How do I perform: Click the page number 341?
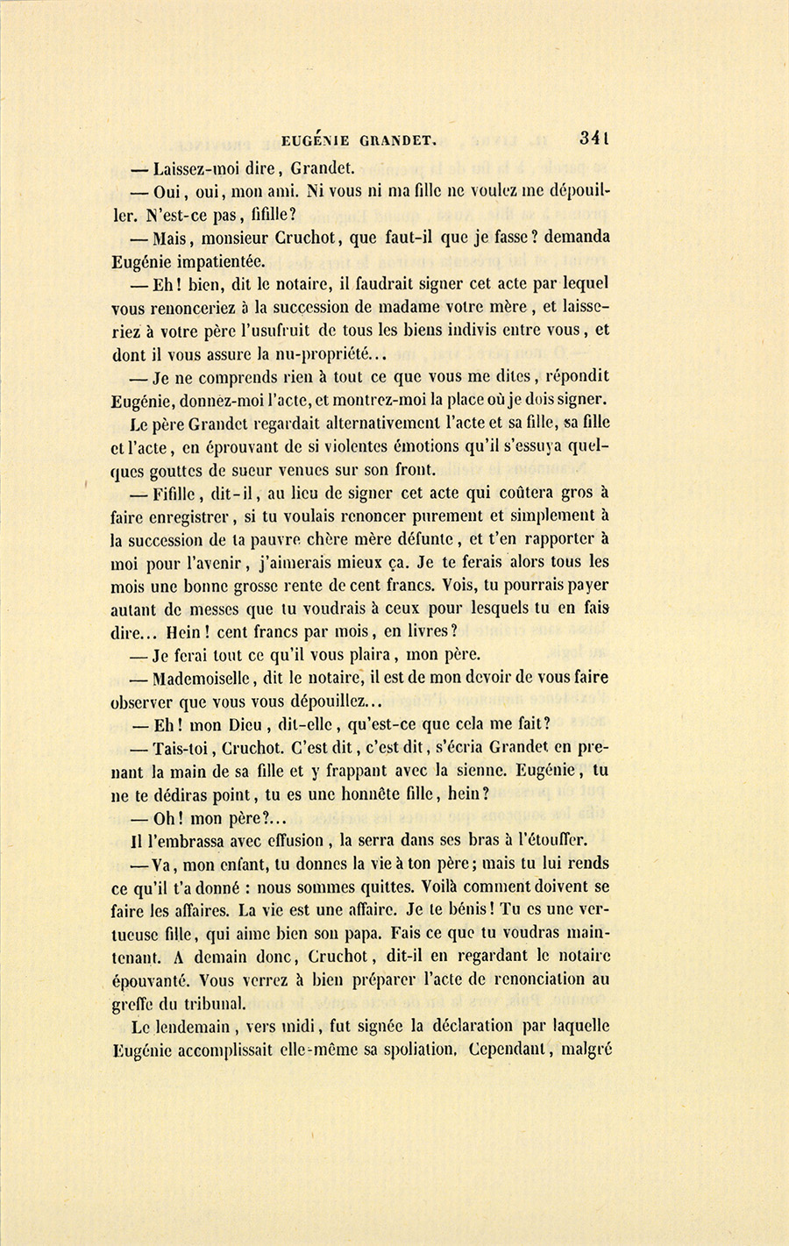click(x=594, y=138)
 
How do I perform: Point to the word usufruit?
click(x=318, y=331)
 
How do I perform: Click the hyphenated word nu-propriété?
click(x=325, y=354)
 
